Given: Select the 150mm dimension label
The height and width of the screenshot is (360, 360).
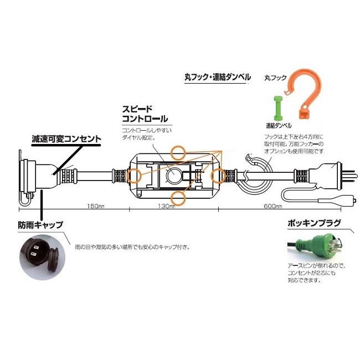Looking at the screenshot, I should coord(96,206).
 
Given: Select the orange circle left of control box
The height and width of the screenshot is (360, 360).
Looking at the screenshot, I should coord(133,176).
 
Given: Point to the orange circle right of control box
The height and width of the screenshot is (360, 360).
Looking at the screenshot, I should coord(218,175).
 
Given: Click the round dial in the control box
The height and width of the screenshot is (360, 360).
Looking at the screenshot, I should coord(173,177).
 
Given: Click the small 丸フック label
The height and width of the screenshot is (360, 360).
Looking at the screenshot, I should coord(275,78).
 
